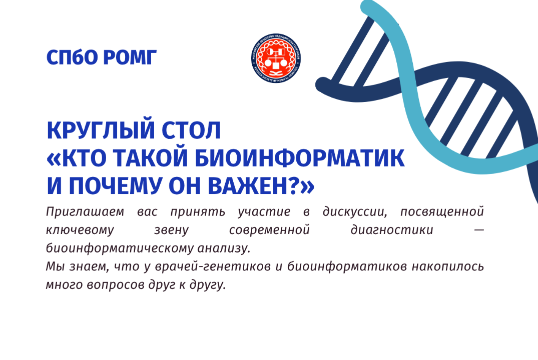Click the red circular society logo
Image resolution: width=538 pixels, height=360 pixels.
pos(276,56)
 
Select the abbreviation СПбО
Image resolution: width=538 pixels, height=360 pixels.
pos(73,57)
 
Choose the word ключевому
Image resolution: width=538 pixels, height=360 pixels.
pos(73,230)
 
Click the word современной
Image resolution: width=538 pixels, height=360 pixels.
pos(269,230)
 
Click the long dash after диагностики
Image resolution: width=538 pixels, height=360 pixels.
pos(478,230)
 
